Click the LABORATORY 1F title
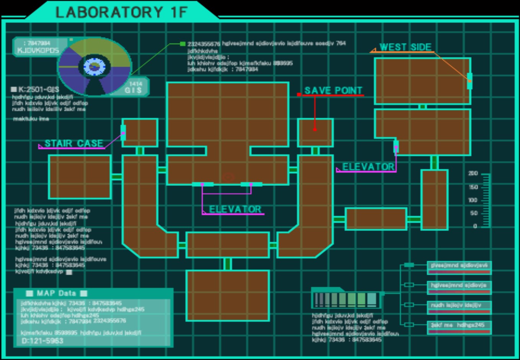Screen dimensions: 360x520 click(122, 12)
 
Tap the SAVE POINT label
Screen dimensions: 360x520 click(333, 90)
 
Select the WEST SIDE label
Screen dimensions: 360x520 click(405, 47)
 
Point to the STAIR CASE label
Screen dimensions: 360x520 click(73, 143)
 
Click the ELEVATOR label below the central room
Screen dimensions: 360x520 click(235, 209)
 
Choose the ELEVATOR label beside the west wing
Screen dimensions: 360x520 click(368, 167)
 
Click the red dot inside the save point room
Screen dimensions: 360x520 click(315, 129)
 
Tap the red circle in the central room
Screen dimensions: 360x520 click(228, 177)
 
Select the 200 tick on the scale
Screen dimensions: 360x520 click(473, 173)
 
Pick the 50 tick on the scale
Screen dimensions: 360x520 click(474, 213)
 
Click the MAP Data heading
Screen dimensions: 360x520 click(56, 293)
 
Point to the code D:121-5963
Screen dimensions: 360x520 click(42, 341)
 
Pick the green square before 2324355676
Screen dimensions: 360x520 click(183, 44)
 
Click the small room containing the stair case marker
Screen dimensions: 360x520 click(140, 133)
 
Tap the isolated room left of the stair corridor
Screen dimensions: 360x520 click(80, 177)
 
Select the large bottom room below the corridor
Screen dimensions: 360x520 click(228, 295)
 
